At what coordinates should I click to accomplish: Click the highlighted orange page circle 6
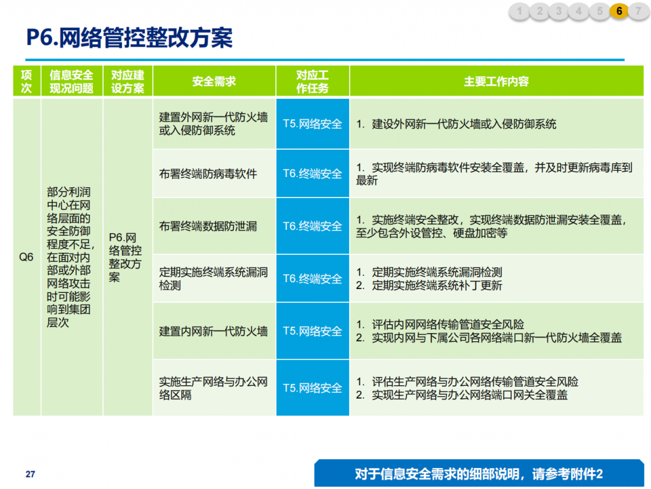tap(619, 11)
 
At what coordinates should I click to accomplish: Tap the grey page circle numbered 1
tap(519, 11)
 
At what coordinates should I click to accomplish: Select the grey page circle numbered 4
tap(579, 11)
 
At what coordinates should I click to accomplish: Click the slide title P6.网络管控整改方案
tap(129, 38)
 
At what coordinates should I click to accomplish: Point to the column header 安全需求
tap(214, 81)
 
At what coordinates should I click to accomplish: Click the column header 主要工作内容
tap(497, 81)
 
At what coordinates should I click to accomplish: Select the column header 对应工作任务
tap(313, 81)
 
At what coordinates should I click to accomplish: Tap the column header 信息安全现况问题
tap(72, 81)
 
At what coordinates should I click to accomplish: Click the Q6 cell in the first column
tap(26, 257)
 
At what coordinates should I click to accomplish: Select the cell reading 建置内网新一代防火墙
tap(214, 331)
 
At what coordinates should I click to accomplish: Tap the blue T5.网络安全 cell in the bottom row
tap(313, 388)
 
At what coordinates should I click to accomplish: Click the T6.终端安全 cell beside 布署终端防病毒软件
tap(313, 173)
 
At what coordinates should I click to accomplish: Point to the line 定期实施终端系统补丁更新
tap(429, 286)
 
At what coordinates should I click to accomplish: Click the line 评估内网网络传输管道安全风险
tap(440, 324)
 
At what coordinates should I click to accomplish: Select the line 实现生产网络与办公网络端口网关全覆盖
tap(462, 395)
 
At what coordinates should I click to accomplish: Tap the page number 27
tap(31, 474)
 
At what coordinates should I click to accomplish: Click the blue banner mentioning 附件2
tap(479, 473)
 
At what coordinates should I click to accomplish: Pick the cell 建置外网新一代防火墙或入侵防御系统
tap(214, 124)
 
